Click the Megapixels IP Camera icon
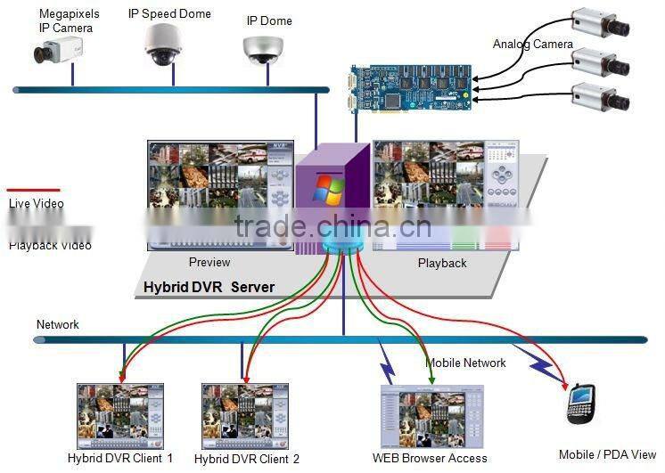(x=60, y=53)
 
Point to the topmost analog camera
(x=599, y=26)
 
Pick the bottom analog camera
(x=599, y=95)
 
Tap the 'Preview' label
(x=209, y=262)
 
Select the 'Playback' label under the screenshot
(x=442, y=263)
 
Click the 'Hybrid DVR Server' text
(x=209, y=288)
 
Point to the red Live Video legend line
(x=33, y=190)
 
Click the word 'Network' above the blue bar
(x=58, y=324)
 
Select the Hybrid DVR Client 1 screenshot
(x=120, y=415)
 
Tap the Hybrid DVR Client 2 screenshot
(x=246, y=415)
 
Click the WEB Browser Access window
(x=431, y=417)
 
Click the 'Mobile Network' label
(x=465, y=363)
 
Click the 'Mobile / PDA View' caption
(x=607, y=454)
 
